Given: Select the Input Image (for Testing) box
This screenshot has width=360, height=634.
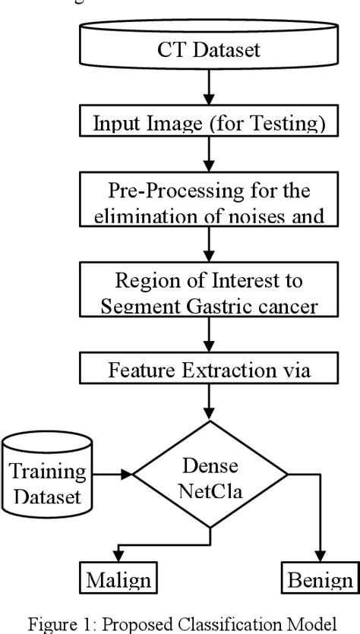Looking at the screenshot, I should [210, 125].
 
